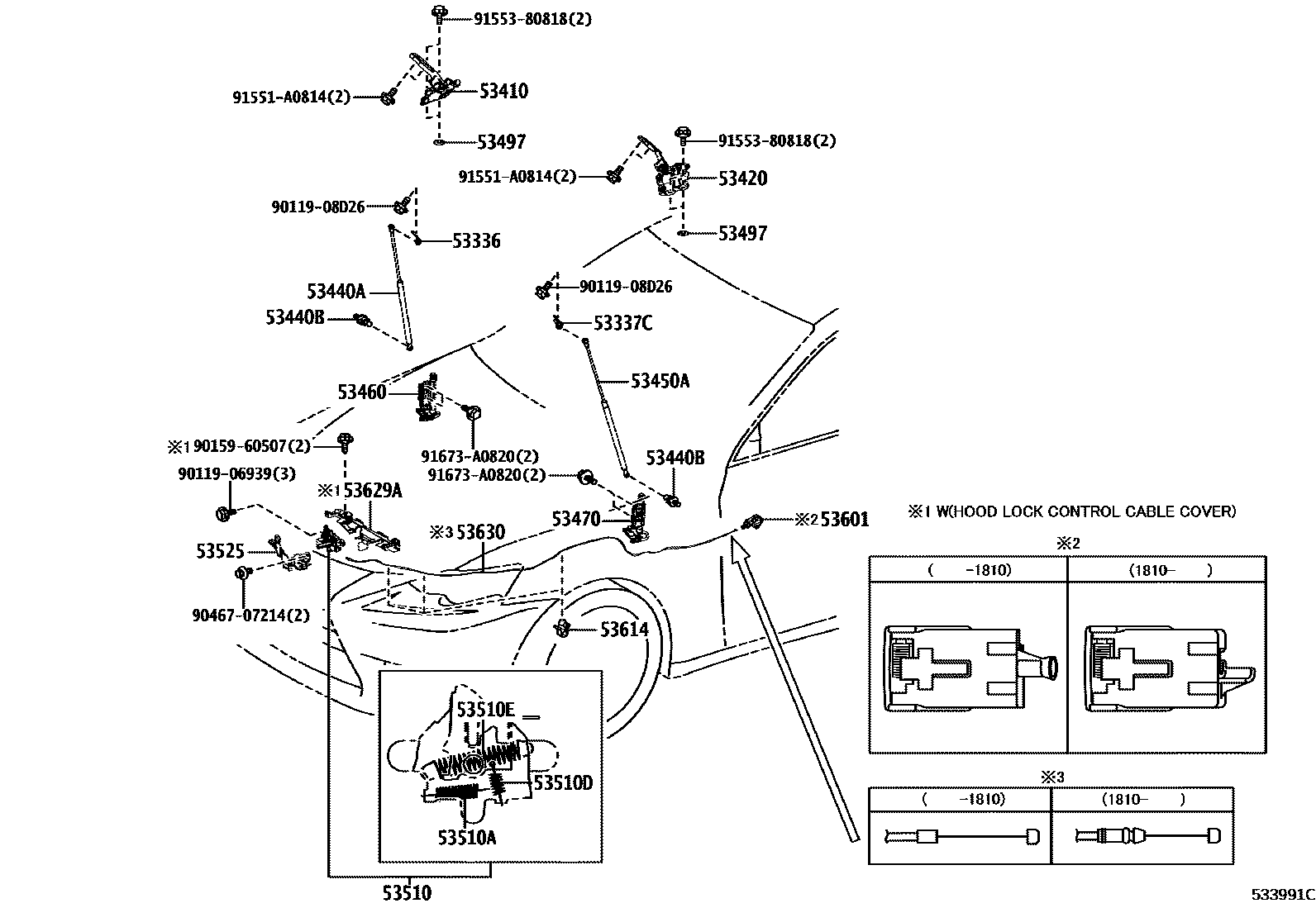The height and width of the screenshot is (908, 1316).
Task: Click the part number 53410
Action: click(503, 91)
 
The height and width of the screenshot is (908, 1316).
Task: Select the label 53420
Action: click(741, 178)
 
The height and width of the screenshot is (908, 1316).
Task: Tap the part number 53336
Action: click(476, 241)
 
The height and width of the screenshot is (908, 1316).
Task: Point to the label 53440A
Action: click(336, 292)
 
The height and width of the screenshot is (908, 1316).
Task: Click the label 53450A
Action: click(660, 381)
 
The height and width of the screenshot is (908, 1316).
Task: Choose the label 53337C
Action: click(622, 323)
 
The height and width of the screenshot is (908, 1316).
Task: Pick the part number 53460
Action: click(361, 392)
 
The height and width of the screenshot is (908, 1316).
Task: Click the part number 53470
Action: click(576, 519)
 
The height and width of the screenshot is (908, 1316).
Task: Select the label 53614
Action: click(624, 630)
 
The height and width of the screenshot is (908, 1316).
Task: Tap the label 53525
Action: click(220, 551)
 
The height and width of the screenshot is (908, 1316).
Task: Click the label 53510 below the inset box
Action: click(407, 893)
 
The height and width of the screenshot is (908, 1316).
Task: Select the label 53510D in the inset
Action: click(563, 782)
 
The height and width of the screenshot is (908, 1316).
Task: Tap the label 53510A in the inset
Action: click(467, 838)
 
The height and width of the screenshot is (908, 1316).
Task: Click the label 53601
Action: click(844, 520)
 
